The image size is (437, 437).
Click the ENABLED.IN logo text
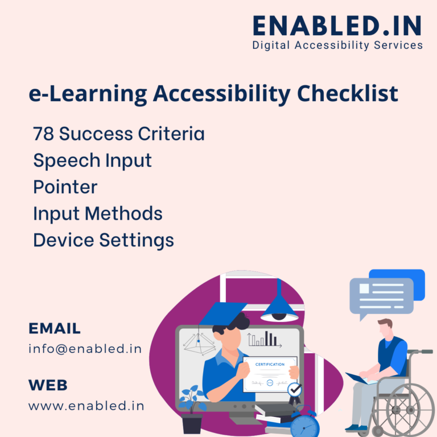pyautogui.click(x=337, y=25)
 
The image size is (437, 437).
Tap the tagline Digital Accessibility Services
pyautogui.click(x=337, y=45)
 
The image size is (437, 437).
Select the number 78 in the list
pyautogui.click(x=43, y=134)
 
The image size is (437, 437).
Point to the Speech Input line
pyautogui.click(x=92, y=160)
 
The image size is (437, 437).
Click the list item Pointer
pyautogui.click(x=65, y=187)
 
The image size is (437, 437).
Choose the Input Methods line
pyautogui.click(x=97, y=213)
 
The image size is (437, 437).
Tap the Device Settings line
pyautogui.click(x=103, y=240)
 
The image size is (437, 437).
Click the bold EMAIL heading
pyautogui.click(x=55, y=328)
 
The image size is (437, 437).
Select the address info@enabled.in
pyautogui.click(x=85, y=349)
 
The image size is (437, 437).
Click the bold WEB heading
pyautogui.click(x=48, y=385)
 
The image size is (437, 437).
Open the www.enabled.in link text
pyautogui.click(x=86, y=406)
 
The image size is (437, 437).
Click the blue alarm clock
pyautogui.click(x=305, y=424)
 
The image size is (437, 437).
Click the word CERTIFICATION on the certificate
pyautogui.click(x=270, y=364)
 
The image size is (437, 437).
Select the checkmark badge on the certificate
pyautogui.click(x=294, y=390)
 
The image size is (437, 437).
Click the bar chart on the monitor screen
pyautogui.click(x=265, y=339)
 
